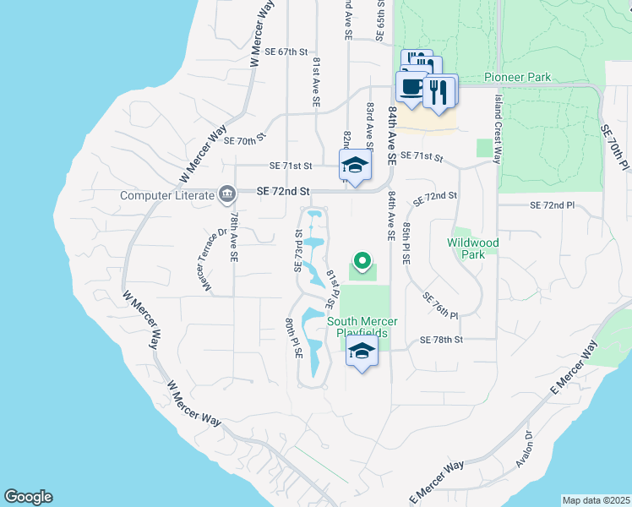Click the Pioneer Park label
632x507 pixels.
(x=518, y=78)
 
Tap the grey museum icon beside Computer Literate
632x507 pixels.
(x=226, y=194)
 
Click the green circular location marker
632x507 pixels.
(x=362, y=261)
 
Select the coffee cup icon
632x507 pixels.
(x=412, y=87)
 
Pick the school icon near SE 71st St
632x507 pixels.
(x=356, y=166)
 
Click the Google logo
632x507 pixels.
(x=28, y=497)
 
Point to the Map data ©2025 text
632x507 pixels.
(x=596, y=500)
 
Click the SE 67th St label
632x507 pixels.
(x=283, y=52)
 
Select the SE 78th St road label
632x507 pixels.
(x=442, y=340)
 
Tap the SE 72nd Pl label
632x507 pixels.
(x=552, y=205)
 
